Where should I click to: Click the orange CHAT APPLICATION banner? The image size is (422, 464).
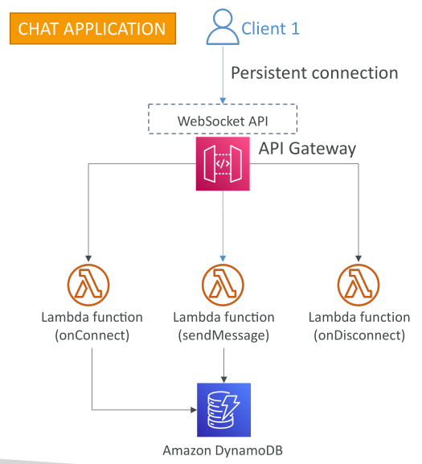[x=92, y=28]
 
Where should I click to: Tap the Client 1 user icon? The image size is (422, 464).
[x=223, y=27]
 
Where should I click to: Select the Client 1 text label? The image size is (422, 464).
[x=270, y=29]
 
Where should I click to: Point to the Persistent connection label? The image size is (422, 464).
[x=314, y=73]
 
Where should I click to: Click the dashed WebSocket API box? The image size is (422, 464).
[x=223, y=119]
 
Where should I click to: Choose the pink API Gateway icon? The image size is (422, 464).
[x=223, y=163]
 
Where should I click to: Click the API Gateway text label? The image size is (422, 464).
[x=307, y=149]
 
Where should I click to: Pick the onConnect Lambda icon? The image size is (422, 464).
[x=88, y=285]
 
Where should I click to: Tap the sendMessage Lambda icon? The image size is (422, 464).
[x=223, y=285]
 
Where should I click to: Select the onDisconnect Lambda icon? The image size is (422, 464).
[x=358, y=285]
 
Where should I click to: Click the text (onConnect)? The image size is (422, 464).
[x=92, y=335]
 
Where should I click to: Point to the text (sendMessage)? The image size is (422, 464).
[x=223, y=335]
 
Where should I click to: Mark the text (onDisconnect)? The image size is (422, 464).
[x=359, y=335]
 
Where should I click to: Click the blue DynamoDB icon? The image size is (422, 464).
[x=224, y=410]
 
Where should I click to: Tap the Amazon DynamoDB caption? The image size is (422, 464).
[x=223, y=450]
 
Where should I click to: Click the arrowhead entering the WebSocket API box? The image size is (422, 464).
[x=223, y=101]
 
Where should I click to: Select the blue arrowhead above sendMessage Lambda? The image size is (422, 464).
[x=223, y=259]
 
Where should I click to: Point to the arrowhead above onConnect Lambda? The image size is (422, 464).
[x=88, y=259]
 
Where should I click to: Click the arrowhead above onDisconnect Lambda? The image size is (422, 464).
[x=358, y=259]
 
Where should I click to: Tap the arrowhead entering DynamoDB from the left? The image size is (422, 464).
[x=194, y=410]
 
